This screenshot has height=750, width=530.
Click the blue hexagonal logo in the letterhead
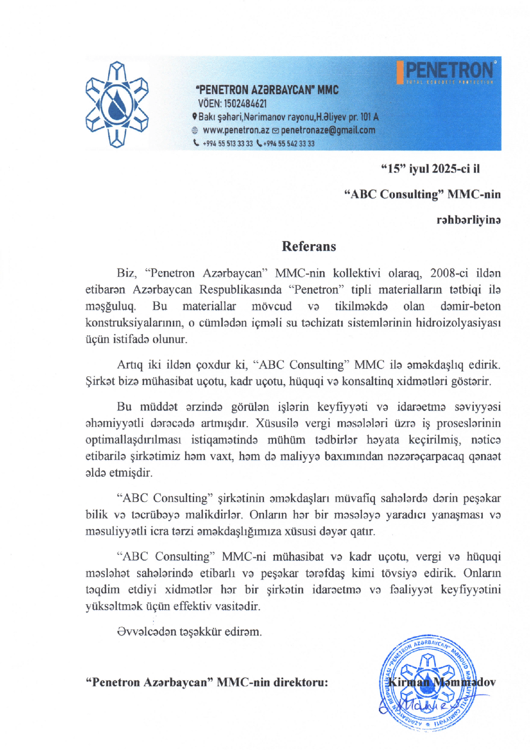click(117, 104)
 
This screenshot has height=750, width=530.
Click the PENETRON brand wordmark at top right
click(449, 71)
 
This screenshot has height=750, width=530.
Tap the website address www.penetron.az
click(236, 130)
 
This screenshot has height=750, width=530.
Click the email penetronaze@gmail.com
click(328, 130)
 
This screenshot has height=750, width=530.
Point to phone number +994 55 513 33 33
click(227, 144)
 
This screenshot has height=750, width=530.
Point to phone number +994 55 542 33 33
click(289, 144)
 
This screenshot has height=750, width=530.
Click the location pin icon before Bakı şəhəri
click(195, 116)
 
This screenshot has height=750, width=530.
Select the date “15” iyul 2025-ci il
click(430, 169)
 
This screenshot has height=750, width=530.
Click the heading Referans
click(309, 246)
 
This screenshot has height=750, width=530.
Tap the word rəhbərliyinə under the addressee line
click(468, 220)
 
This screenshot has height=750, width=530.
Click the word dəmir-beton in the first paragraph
click(470, 306)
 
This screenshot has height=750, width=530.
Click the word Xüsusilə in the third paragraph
click(277, 423)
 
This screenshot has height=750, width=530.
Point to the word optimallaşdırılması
click(133, 440)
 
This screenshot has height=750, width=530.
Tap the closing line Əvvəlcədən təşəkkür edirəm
click(189, 632)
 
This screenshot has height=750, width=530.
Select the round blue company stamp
click(428, 682)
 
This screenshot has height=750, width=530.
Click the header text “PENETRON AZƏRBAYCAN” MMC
click(267, 90)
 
